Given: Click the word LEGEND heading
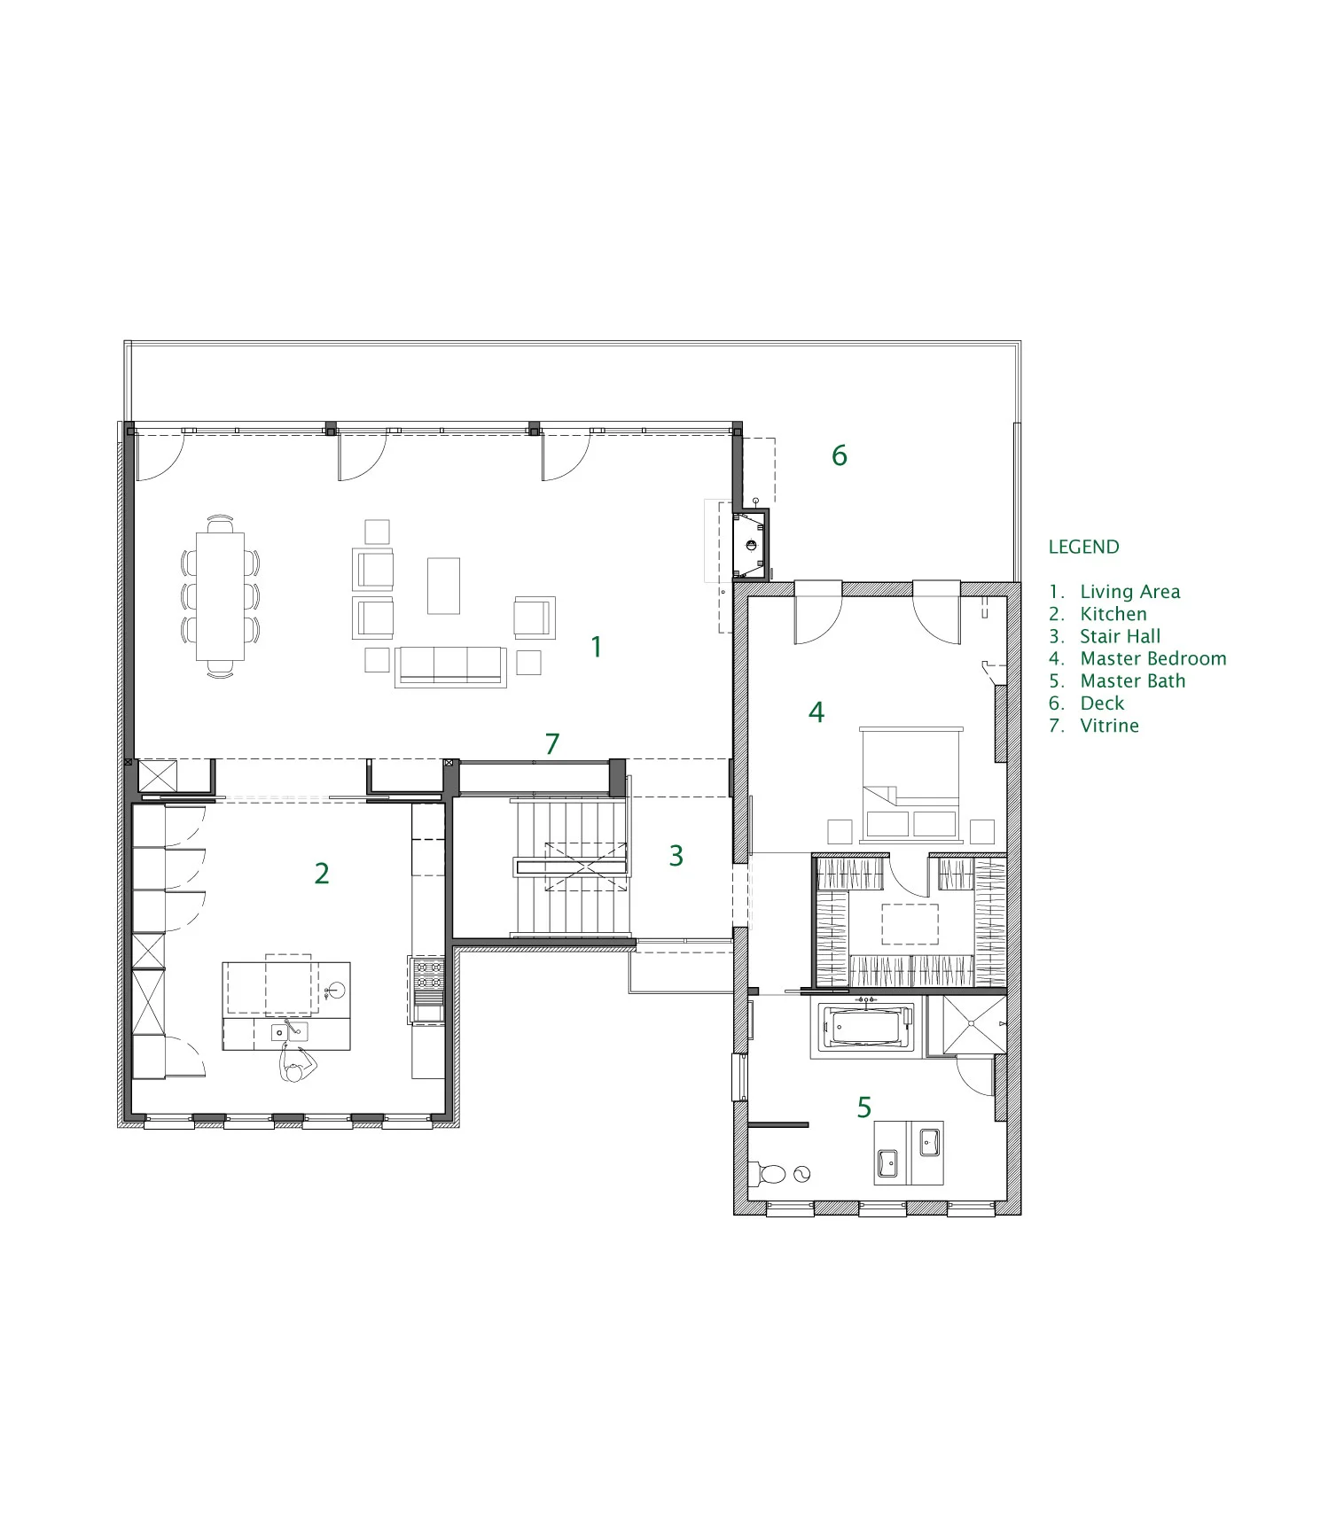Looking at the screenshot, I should point(1083,547).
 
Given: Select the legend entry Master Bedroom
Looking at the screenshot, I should point(1152,658).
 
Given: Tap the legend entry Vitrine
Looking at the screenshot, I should point(1109,726).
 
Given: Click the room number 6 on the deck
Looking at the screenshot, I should point(839,455).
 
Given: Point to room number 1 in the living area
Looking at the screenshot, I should point(597,647).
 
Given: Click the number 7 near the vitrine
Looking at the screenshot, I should point(552,743).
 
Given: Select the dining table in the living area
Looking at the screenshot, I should point(220,595).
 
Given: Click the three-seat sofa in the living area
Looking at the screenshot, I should point(450,665).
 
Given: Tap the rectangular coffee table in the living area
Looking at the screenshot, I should point(443,586).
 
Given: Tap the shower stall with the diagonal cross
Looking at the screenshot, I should point(973,1025).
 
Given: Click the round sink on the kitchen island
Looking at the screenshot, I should point(336,990).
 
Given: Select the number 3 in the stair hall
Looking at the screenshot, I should point(676,856).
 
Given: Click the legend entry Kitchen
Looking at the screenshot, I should point(1113,614).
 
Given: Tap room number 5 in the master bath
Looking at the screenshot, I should point(863,1107).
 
